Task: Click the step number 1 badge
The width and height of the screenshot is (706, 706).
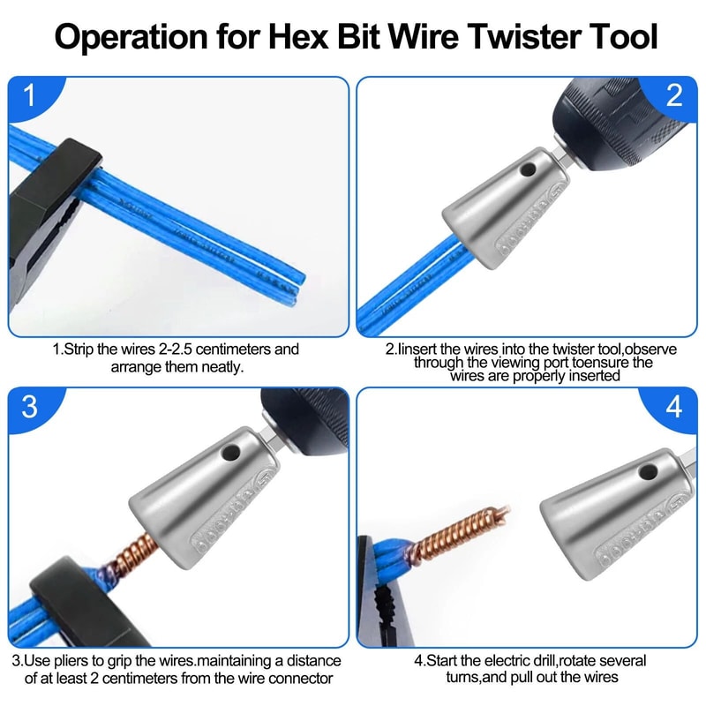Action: [29, 95]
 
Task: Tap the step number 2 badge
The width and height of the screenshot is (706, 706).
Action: [675, 95]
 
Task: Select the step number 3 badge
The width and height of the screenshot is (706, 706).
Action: [29, 406]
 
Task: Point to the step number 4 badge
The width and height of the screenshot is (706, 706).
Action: [675, 407]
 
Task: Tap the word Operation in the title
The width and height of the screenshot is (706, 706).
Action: [130, 38]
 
